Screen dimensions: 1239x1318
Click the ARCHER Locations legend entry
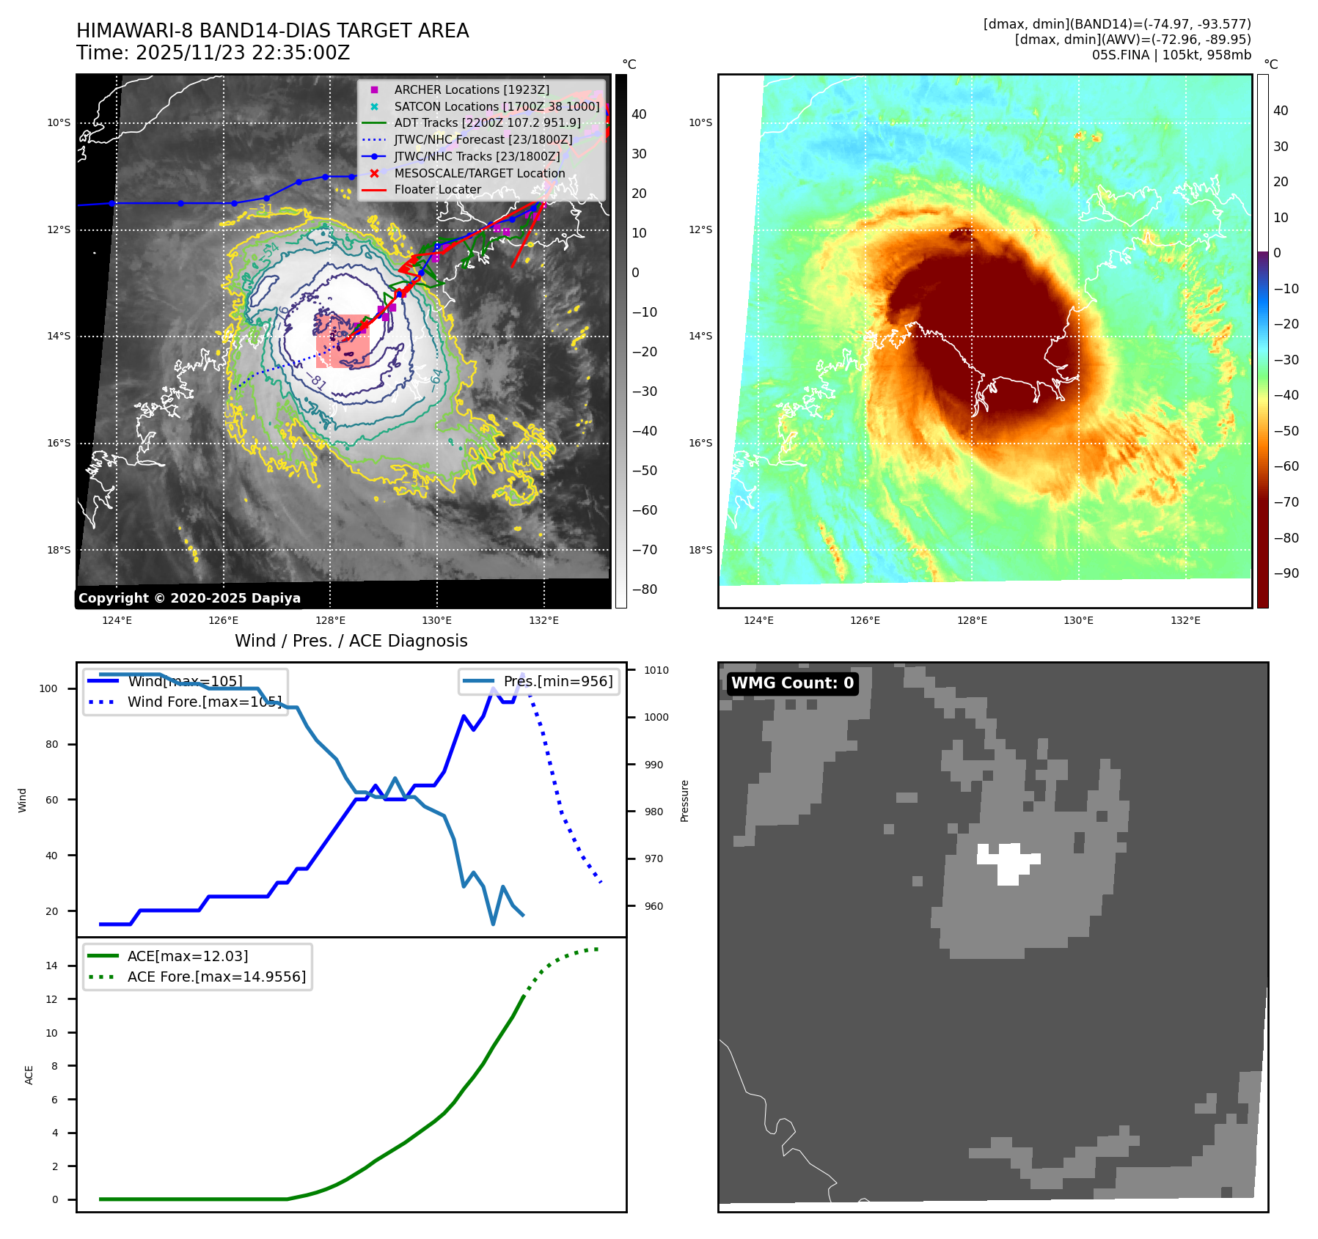(471, 89)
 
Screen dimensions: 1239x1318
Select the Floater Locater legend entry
(437, 189)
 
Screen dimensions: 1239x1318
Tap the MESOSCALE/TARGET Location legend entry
(479, 173)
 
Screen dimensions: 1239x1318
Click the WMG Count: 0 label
(792, 683)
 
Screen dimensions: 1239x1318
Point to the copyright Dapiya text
(189, 598)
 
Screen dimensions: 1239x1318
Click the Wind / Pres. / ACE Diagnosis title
(351, 641)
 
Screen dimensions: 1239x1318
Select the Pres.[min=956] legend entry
(557, 681)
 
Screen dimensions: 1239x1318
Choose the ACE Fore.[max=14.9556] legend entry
(216, 977)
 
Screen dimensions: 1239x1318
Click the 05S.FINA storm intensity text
(1171, 55)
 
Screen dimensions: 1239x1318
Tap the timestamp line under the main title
(213, 53)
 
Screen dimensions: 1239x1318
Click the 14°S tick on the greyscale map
(59, 336)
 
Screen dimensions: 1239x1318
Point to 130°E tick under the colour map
(1078, 620)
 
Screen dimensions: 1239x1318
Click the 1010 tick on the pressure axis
(656, 670)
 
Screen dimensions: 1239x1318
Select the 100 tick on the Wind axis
(48, 688)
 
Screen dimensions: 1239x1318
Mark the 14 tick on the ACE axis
(51, 966)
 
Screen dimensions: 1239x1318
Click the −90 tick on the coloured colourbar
(1286, 573)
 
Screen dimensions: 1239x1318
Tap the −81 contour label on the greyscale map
(317, 381)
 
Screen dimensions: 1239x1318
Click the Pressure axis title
(684, 801)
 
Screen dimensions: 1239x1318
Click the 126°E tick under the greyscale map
(223, 620)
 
